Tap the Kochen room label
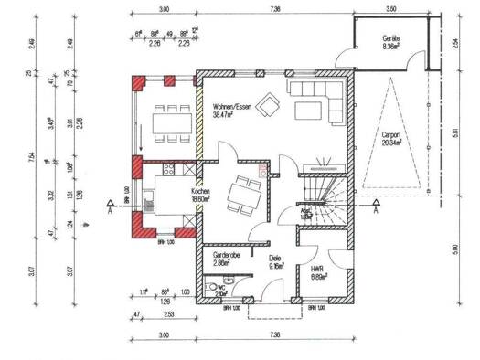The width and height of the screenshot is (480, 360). (202, 192)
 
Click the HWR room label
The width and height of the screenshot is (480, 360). (318, 270)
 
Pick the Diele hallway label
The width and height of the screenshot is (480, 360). (274, 259)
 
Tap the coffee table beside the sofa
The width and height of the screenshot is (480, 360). (306, 111)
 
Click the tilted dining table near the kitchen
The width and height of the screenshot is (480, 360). (244, 192)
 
